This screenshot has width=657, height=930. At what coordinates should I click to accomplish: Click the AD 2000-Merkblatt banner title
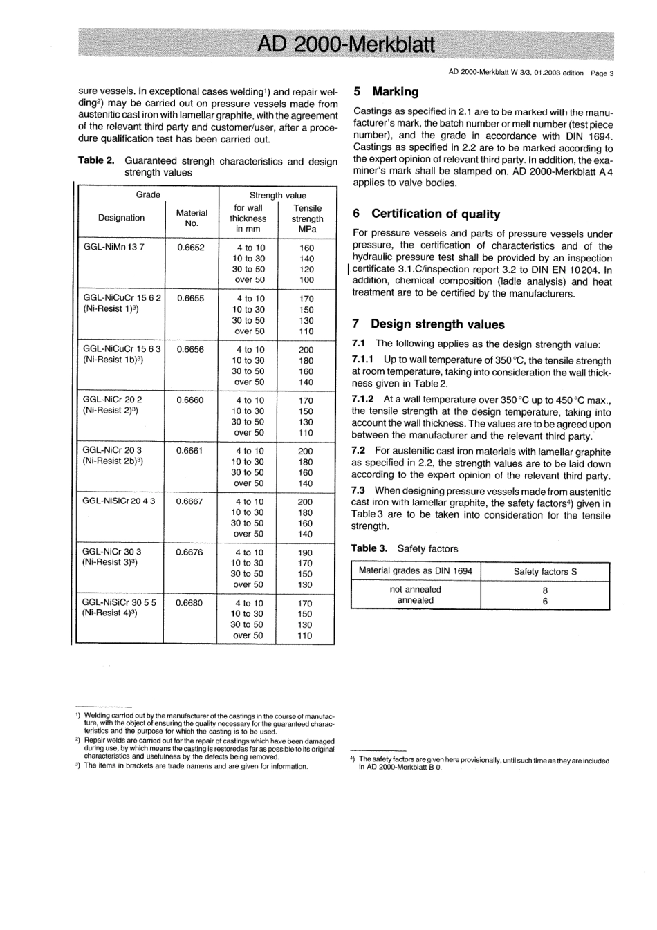point(345,45)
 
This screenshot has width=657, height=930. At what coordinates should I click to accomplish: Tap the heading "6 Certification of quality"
point(426,214)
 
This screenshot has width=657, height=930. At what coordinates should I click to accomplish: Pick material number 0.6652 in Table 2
point(191,247)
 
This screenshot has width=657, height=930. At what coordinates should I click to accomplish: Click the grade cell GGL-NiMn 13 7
point(113,247)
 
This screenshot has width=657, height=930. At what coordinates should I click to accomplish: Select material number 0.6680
point(189,602)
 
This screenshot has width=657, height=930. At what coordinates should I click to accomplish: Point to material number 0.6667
point(189,501)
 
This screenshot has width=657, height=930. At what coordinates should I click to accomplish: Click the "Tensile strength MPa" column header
point(307,218)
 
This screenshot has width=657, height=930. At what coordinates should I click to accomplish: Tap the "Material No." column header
point(192,218)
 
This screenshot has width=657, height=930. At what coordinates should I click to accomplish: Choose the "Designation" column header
point(121,218)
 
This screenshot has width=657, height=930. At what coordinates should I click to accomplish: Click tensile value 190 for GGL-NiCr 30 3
point(305,552)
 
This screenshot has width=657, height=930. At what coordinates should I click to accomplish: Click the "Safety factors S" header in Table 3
point(545,571)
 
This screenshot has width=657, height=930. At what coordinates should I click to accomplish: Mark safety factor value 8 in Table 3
point(545,590)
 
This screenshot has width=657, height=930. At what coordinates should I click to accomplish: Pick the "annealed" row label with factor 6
point(415,601)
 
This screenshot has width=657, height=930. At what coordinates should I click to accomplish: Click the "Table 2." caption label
point(96,161)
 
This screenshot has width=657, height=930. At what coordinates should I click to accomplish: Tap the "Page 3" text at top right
point(602,73)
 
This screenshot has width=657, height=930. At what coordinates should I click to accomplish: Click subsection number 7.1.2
point(362,399)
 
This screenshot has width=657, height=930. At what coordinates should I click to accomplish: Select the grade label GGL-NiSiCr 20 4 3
point(118,501)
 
